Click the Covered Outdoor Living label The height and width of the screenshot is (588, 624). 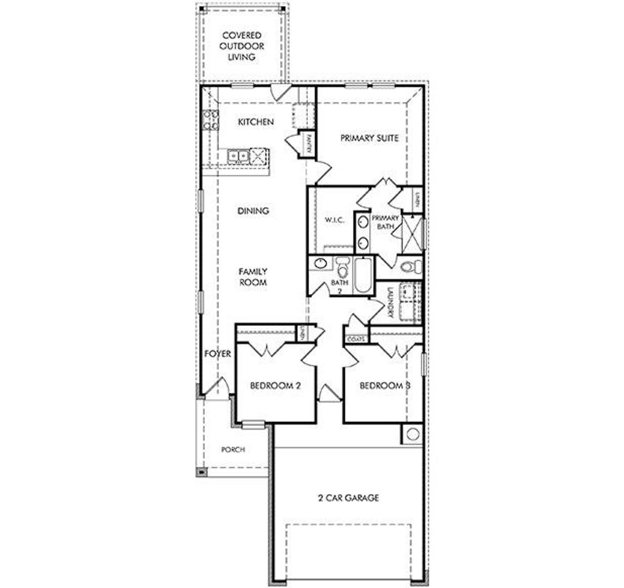[242, 46]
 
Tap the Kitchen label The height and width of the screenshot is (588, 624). [255, 122]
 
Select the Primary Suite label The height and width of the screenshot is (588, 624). [369, 138]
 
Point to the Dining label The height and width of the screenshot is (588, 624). [253, 211]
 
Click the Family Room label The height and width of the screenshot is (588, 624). [253, 277]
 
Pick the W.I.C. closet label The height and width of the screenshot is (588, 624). [334, 220]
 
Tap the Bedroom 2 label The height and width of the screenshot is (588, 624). [275, 386]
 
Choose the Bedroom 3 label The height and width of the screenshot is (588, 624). [384, 386]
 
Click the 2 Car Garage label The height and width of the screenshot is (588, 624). [348, 498]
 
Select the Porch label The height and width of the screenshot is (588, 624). [233, 450]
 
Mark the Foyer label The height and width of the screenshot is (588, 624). [217, 354]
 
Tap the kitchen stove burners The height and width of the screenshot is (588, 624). [211, 120]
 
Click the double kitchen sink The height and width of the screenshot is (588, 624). [238, 155]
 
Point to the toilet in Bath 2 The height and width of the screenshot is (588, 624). [343, 267]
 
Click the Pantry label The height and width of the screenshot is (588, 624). [309, 143]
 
